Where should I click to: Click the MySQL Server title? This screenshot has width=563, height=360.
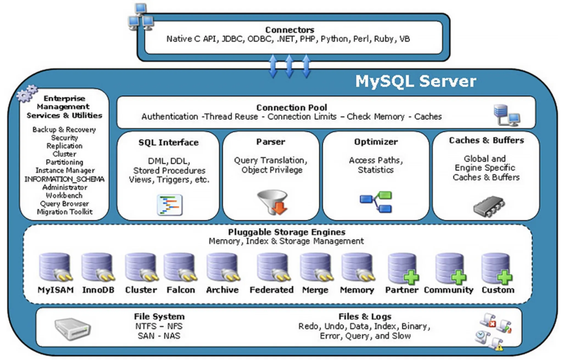[415, 81]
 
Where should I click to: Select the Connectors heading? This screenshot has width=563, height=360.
[290, 30]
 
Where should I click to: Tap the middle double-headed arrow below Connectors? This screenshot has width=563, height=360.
[289, 66]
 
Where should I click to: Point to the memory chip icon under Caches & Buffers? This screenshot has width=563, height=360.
[488, 206]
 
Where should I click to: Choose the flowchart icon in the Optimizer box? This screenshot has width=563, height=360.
[376, 202]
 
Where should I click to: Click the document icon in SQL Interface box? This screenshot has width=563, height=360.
[170, 205]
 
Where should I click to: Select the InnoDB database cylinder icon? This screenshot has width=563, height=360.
[97, 268]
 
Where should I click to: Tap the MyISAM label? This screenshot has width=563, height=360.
[56, 290]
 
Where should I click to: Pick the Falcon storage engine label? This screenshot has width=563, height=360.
[180, 290]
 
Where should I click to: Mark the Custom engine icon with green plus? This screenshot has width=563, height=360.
[497, 268]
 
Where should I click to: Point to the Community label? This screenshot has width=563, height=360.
[448, 290]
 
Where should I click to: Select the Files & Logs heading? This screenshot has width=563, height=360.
[365, 317]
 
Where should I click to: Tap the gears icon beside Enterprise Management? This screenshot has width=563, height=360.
[27, 93]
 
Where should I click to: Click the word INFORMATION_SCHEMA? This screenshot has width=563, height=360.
[65, 179]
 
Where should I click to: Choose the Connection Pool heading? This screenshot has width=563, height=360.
[291, 108]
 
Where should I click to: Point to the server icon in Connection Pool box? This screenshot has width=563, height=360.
[507, 115]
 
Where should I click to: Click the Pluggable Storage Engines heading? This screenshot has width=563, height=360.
[287, 232]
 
